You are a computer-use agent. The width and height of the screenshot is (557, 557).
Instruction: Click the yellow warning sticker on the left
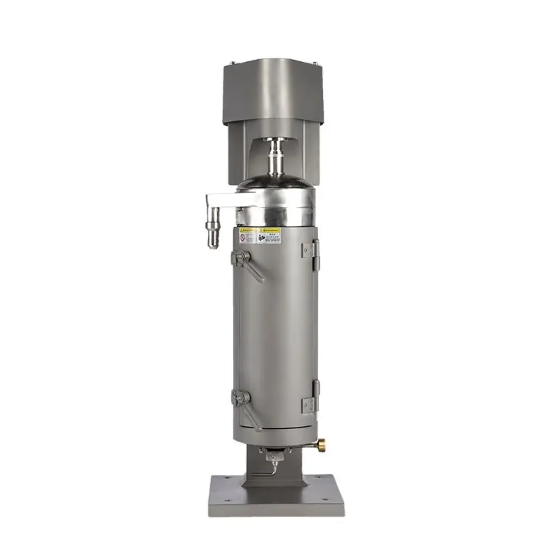[249, 236]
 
